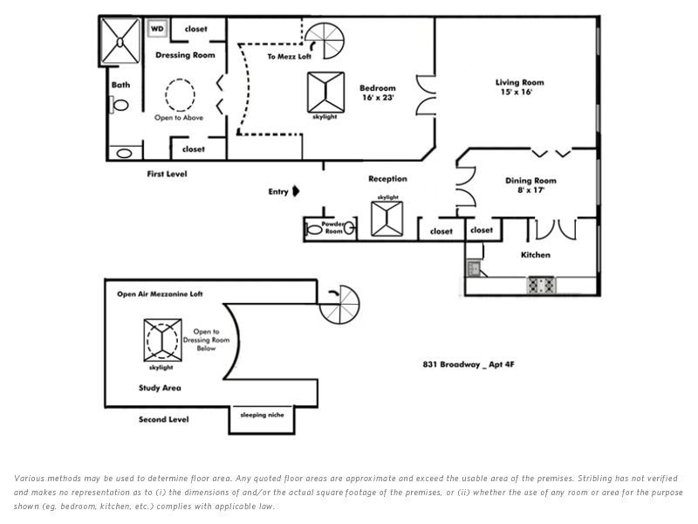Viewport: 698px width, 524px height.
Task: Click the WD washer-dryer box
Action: point(157,29)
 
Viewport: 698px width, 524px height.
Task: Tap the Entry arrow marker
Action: point(296,191)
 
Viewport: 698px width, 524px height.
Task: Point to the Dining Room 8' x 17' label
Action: point(530,185)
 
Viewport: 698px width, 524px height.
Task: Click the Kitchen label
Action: point(536,255)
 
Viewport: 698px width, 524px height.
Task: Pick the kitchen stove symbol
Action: point(541,285)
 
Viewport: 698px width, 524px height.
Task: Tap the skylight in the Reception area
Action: point(387,218)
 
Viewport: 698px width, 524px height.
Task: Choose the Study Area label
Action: point(160,388)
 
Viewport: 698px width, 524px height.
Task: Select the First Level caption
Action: point(167,174)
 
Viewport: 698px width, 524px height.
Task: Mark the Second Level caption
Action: point(164,420)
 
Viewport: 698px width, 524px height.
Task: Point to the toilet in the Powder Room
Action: point(315,231)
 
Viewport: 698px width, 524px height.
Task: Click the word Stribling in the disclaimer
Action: point(595,479)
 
